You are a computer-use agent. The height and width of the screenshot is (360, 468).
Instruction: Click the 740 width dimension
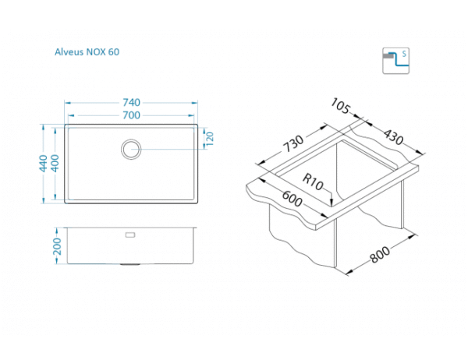click(x=131, y=103)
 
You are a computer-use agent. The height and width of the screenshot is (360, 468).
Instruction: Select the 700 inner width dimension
click(x=131, y=115)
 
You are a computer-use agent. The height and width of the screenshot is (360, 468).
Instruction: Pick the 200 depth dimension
click(x=57, y=245)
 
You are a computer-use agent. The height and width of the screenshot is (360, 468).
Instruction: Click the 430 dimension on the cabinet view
click(x=393, y=138)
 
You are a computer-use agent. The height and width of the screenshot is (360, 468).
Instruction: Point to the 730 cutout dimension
click(x=292, y=146)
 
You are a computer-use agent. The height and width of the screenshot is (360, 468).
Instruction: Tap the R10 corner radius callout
click(x=314, y=185)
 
